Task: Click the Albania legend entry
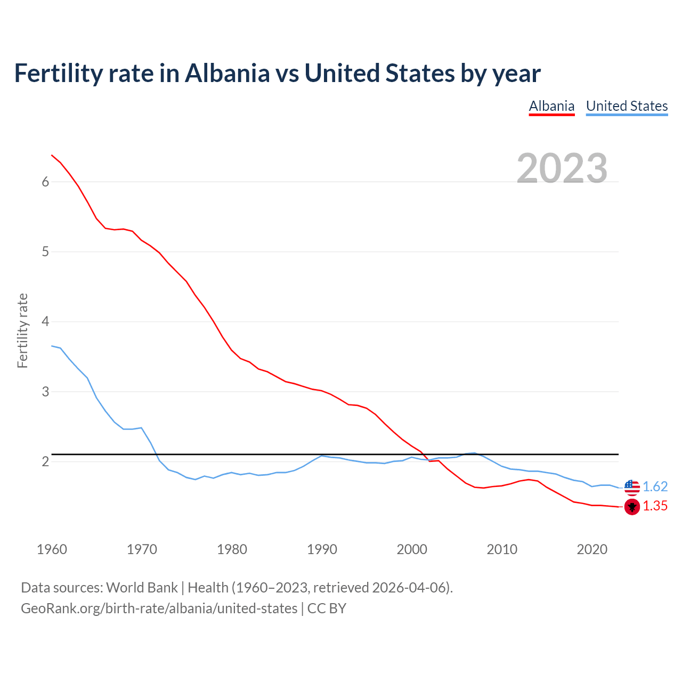tap(551, 106)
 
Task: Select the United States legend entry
tap(627, 106)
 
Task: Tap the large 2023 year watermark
tap(562, 168)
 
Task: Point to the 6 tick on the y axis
tap(45, 182)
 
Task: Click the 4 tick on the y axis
tap(45, 322)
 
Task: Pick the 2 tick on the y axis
tap(45, 461)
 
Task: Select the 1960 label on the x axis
tap(52, 549)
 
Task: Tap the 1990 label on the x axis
tap(322, 549)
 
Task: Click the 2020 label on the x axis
tap(592, 549)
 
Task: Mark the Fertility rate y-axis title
tap(22, 330)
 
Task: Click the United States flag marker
tap(632, 487)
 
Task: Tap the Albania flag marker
tap(632, 507)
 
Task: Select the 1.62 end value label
tap(655, 487)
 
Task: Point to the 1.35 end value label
tap(655, 506)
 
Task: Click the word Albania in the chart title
tap(227, 73)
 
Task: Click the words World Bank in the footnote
tap(142, 588)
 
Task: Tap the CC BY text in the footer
tap(327, 608)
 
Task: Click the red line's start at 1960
tap(52, 155)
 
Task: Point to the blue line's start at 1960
tap(52, 346)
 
